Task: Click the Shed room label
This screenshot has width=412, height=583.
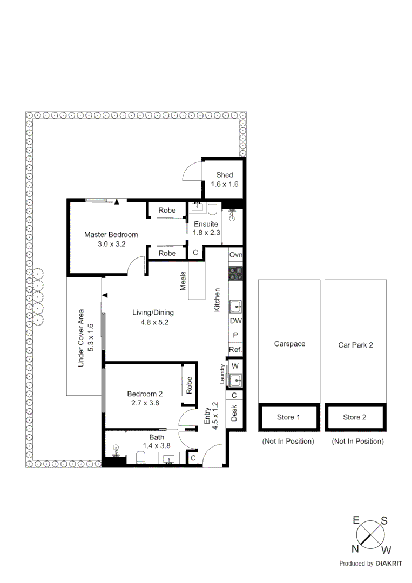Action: [x=224, y=175]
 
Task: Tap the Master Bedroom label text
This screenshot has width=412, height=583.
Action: [x=111, y=234]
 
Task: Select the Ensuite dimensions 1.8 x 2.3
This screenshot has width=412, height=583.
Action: [x=206, y=233]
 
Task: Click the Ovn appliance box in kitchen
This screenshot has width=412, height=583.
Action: [x=235, y=255]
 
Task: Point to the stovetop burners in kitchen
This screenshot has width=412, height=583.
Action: [x=236, y=273]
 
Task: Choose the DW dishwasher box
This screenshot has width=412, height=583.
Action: [x=235, y=321]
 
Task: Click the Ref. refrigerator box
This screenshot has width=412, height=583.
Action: [x=235, y=350]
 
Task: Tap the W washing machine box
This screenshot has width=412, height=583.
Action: [x=235, y=366]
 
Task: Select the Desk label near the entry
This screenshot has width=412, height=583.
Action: [x=234, y=414]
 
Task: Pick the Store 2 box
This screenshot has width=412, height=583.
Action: [x=354, y=417]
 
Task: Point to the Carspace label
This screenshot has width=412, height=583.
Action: [x=289, y=343]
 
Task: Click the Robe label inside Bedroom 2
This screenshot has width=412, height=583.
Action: [x=189, y=384]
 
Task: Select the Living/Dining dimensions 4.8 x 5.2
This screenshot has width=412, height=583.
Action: [x=153, y=322]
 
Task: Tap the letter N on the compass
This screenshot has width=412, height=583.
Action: [x=355, y=549]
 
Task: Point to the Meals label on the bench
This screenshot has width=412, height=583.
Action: [x=184, y=281]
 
